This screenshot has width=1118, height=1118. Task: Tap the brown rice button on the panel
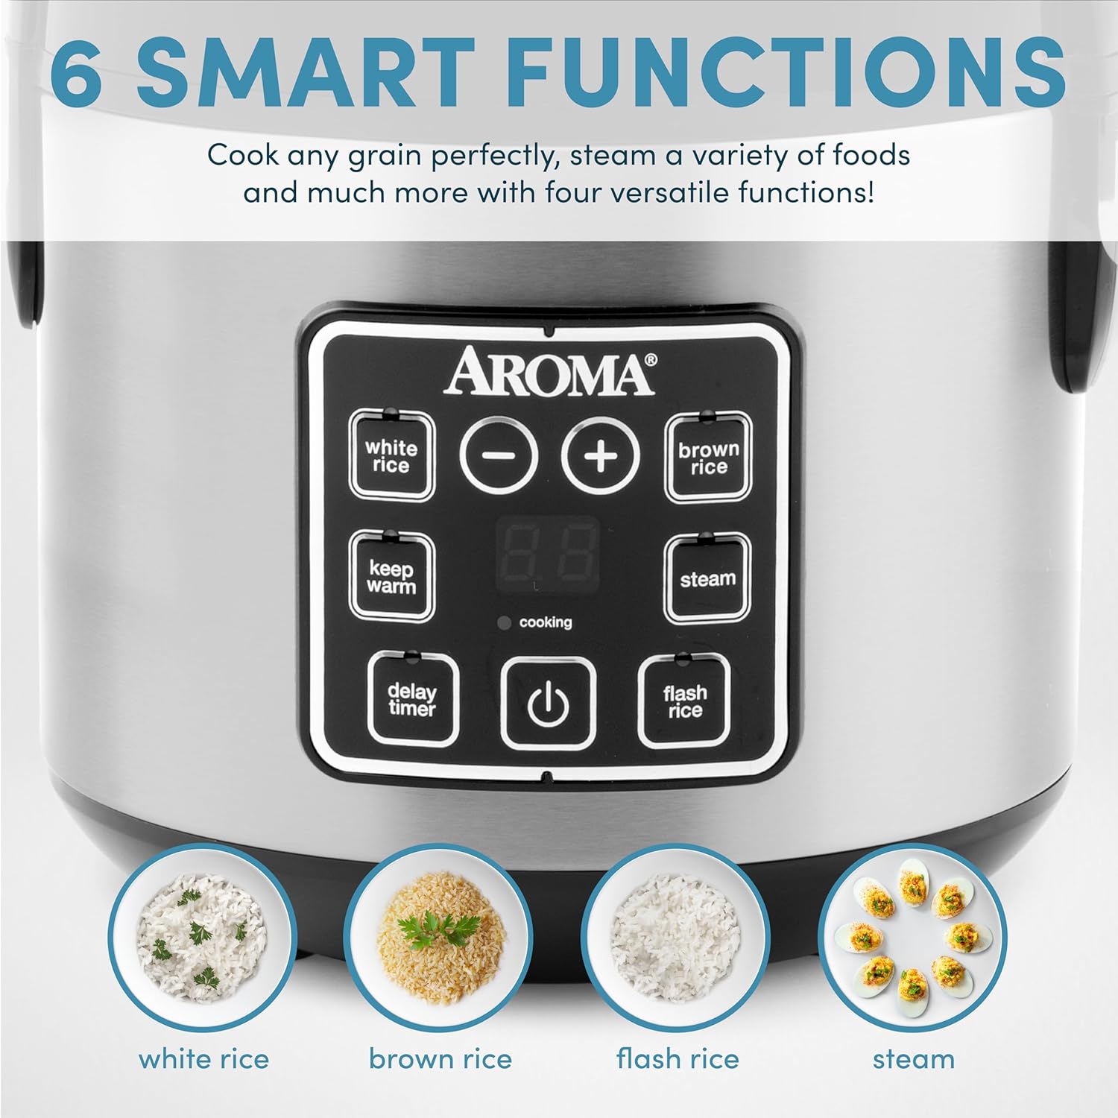[x=707, y=458]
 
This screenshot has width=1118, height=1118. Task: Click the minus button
[x=499, y=455]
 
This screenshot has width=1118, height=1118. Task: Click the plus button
[x=601, y=455]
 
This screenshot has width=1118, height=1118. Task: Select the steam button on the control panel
[x=707, y=578]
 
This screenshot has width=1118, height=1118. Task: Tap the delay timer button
[x=412, y=699]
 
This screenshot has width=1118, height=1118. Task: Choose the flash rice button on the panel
[x=684, y=701]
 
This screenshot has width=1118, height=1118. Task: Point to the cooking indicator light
[x=505, y=622]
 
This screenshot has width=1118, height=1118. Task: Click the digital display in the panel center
[x=548, y=553]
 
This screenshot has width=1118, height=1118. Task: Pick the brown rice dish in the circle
[x=438, y=938]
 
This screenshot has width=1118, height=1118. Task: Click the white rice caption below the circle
[x=203, y=1058]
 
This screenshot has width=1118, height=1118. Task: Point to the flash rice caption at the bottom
[x=677, y=1058]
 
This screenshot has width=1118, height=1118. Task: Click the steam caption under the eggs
[x=913, y=1058]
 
